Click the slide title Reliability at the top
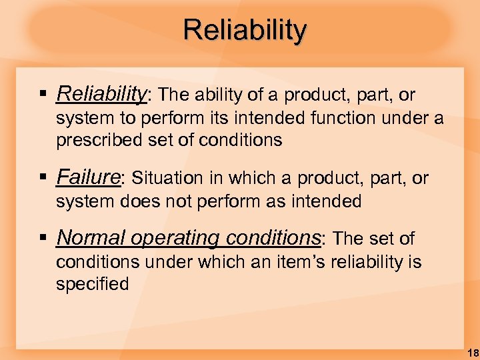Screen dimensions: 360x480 (x=245, y=29)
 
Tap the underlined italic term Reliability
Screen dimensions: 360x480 (x=101, y=95)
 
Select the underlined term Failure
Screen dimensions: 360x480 (x=88, y=177)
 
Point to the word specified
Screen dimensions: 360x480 (x=92, y=283)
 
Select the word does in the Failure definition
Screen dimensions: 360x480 (x=137, y=201)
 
